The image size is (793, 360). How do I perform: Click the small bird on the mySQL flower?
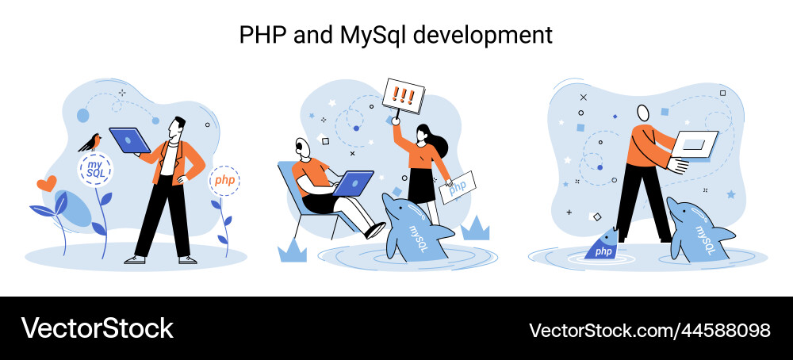click(x=90, y=143)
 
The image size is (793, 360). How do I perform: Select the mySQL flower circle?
click(x=95, y=170)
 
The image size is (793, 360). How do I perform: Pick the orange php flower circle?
click(x=224, y=181)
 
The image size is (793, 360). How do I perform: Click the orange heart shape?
click(x=47, y=183)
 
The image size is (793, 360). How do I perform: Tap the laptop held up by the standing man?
click(x=130, y=140)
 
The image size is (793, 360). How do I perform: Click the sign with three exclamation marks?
click(x=404, y=96)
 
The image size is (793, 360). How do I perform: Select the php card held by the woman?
click(x=458, y=187)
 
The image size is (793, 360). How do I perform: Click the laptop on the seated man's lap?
click(x=353, y=183)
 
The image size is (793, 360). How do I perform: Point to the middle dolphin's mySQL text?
click(x=418, y=239)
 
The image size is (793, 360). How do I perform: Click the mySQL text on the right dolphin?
click(x=704, y=239)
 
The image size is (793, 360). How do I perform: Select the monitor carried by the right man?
click(x=694, y=145)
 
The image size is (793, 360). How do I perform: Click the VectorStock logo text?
click(x=97, y=328)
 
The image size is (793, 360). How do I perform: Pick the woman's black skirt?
click(x=422, y=186)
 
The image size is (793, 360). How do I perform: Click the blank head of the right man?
click(x=643, y=113)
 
